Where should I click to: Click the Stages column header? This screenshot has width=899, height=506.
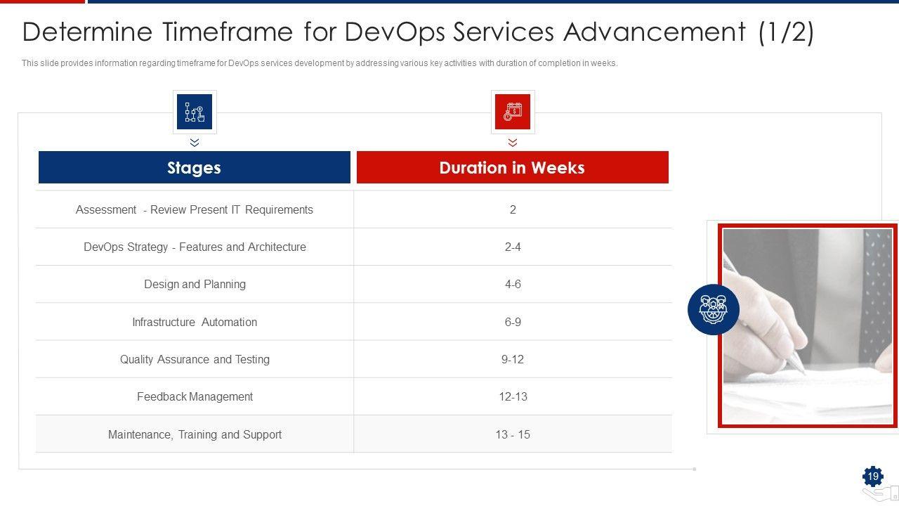tap(194, 168)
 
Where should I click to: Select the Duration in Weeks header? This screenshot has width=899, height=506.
tap(512, 168)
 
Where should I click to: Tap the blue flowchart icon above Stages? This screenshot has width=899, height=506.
tap(195, 112)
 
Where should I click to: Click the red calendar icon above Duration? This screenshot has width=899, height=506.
tap(513, 112)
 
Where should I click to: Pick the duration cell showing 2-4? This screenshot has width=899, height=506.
tap(513, 247)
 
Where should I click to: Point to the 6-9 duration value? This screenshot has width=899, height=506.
tap(513, 322)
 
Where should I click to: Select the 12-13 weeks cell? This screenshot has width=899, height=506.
tap(513, 397)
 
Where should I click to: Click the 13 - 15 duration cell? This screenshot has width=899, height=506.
tap(513, 434)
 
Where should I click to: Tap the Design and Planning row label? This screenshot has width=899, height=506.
tap(195, 285)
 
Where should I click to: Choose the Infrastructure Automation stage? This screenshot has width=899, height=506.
tap(195, 322)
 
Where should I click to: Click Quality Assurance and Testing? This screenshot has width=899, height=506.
tap(195, 360)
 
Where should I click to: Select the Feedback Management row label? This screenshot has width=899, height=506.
tap(195, 397)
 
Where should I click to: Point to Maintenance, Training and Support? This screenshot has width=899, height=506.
tap(195, 434)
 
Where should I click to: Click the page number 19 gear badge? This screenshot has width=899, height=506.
tap(872, 477)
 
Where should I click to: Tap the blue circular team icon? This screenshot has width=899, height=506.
tap(713, 309)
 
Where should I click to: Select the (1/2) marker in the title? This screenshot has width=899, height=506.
tap(786, 32)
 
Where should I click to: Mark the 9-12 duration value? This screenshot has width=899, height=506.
tap(513, 360)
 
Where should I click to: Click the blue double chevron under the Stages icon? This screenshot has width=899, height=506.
tap(195, 143)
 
